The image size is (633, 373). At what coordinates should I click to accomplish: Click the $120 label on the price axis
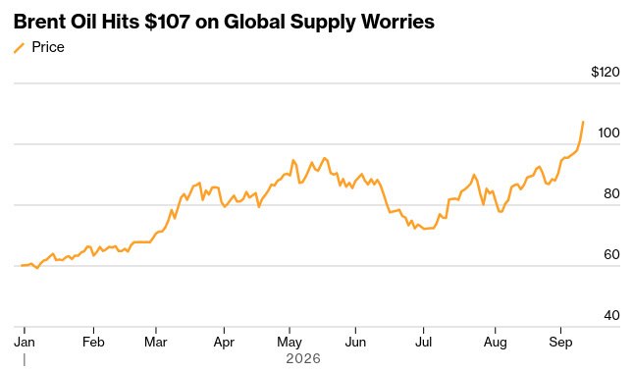tap(606, 72)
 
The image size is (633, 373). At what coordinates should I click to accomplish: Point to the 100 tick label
tap(608, 133)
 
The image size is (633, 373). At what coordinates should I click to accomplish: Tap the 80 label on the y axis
tap(611, 193)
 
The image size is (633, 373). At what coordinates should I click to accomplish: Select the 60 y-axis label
tap(611, 255)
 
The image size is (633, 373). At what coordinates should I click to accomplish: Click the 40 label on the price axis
tap(611, 315)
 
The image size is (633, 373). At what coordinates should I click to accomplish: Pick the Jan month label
tap(25, 342)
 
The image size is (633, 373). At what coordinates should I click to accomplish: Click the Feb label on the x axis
tap(93, 342)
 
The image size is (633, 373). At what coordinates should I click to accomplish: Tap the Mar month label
tap(156, 342)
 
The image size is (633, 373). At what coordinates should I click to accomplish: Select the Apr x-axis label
tap(224, 343)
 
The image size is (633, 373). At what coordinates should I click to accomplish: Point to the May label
tap(290, 343)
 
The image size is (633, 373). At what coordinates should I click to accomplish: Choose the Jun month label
tap(355, 342)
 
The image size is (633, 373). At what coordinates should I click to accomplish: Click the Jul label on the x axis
tap(424, 342)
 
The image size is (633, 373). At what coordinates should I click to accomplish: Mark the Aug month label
tap(496, 343)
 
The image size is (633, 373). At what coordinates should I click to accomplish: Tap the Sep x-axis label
tap(560, 343)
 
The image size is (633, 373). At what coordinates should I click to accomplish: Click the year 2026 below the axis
tap(303, 358)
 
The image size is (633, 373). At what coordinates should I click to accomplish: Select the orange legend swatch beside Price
tap(19, 48)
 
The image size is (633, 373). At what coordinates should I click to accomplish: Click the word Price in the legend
tap(48, 47)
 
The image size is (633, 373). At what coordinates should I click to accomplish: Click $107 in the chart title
tap(167, 22)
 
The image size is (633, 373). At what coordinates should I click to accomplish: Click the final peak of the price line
tap(583, 122)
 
